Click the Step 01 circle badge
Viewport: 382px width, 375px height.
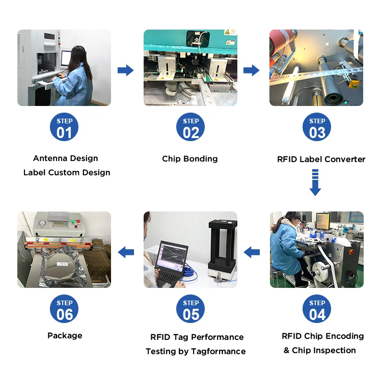(65, 127)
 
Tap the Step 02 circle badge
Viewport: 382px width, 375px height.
(190, 127)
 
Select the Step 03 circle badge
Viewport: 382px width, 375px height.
(317, 127)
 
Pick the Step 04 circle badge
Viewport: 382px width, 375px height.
(317, 309)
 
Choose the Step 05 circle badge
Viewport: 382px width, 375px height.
(190, 309)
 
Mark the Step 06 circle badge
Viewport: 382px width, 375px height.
(65, 309)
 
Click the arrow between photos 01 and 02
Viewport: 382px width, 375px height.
(126, 70)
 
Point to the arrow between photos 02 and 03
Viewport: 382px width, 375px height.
(251, 70)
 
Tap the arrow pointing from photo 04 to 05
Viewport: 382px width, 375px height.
(252, 251)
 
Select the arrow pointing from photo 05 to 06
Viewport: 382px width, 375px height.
(126, 251)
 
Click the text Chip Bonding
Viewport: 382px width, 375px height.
(190, 159)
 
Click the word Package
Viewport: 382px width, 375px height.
(65, 336)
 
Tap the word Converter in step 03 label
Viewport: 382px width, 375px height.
(347, 159)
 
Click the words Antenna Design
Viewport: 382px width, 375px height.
(66, 158)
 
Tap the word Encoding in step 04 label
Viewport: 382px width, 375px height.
(345, 336)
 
